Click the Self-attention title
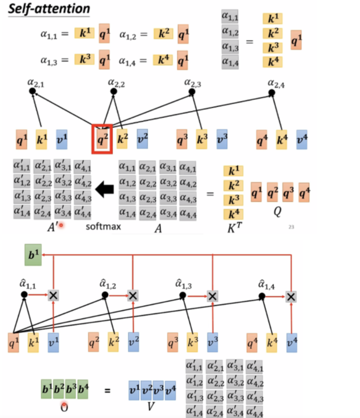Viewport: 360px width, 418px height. (x=50, y=8)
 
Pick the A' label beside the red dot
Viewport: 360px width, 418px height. (x=54, y=227)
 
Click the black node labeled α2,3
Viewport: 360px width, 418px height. (x=192, y=91)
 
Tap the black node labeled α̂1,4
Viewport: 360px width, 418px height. (x=262, y=296)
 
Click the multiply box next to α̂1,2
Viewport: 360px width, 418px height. (x=133, y=295)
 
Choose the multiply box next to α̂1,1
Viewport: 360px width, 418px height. (x=53, y=295)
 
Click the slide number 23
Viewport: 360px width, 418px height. (x=291, y=227)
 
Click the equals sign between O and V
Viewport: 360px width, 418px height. (x=107, y=391)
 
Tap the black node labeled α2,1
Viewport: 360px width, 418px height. (x=33, y=91)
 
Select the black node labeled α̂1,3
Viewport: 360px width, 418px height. (x=183, y=295)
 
